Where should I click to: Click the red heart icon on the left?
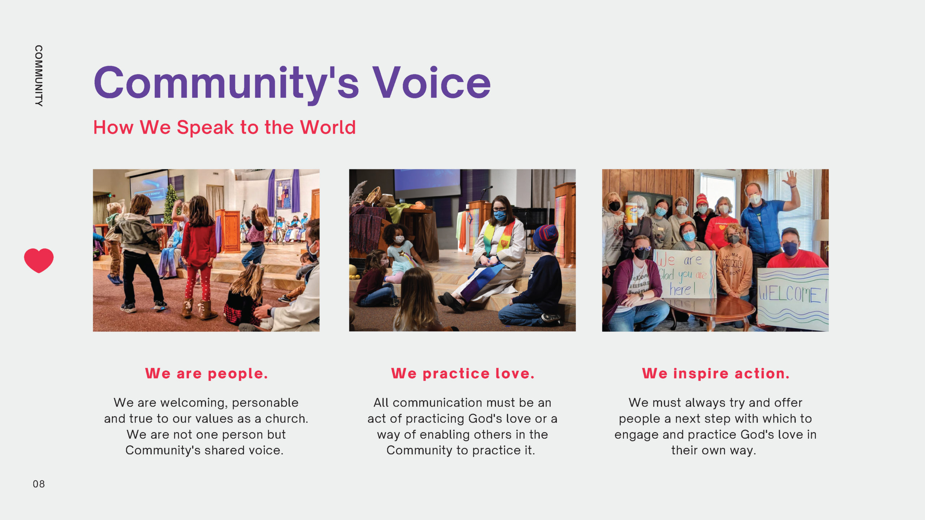coord(39,260)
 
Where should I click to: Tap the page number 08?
coord(39,484)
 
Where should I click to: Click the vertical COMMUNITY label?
coord(39,76)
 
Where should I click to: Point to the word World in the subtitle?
coord(328,127)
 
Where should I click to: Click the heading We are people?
coord(206,373)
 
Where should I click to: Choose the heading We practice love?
coord(462,373)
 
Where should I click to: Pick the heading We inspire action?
coord(715,373)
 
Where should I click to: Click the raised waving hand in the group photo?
coord(791,179)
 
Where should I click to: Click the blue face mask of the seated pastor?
coord(499,216)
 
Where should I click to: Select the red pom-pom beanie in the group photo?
coord(701,200)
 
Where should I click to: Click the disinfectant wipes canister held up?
coord(631,214)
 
